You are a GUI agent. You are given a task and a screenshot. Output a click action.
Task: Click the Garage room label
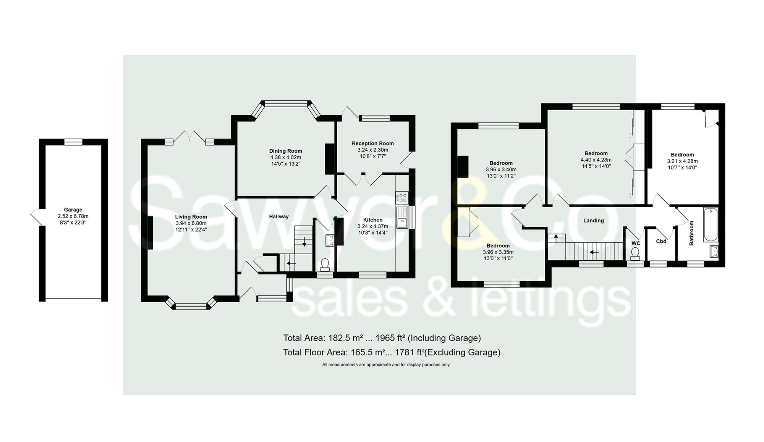[73, 210]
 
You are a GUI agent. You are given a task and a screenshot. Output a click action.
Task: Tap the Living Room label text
[191, 217]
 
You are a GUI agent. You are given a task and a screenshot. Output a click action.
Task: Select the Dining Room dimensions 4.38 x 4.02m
[285, 157]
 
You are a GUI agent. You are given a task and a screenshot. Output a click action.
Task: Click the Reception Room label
[372, 144]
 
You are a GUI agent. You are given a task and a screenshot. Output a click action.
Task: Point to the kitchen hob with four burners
[402, 197]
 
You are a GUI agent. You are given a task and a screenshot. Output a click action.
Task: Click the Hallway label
[278, 216]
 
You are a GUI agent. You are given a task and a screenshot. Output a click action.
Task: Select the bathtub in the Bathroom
[711, 224]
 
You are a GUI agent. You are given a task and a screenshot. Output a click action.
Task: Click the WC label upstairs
[636, 243]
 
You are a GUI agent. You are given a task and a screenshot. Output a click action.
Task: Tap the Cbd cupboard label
[661, 241]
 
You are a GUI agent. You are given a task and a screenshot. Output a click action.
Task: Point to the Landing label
[593, 221]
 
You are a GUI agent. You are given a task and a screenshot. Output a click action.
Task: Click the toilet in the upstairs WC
[635, 253]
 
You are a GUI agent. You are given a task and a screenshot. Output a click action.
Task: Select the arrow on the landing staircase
[594, 252]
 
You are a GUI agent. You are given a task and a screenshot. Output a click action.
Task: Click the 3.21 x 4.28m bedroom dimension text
[682, 161]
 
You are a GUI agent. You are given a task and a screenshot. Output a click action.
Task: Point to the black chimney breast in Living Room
[151, 233]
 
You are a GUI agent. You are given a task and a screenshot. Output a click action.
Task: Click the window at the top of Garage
[73, 142]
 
